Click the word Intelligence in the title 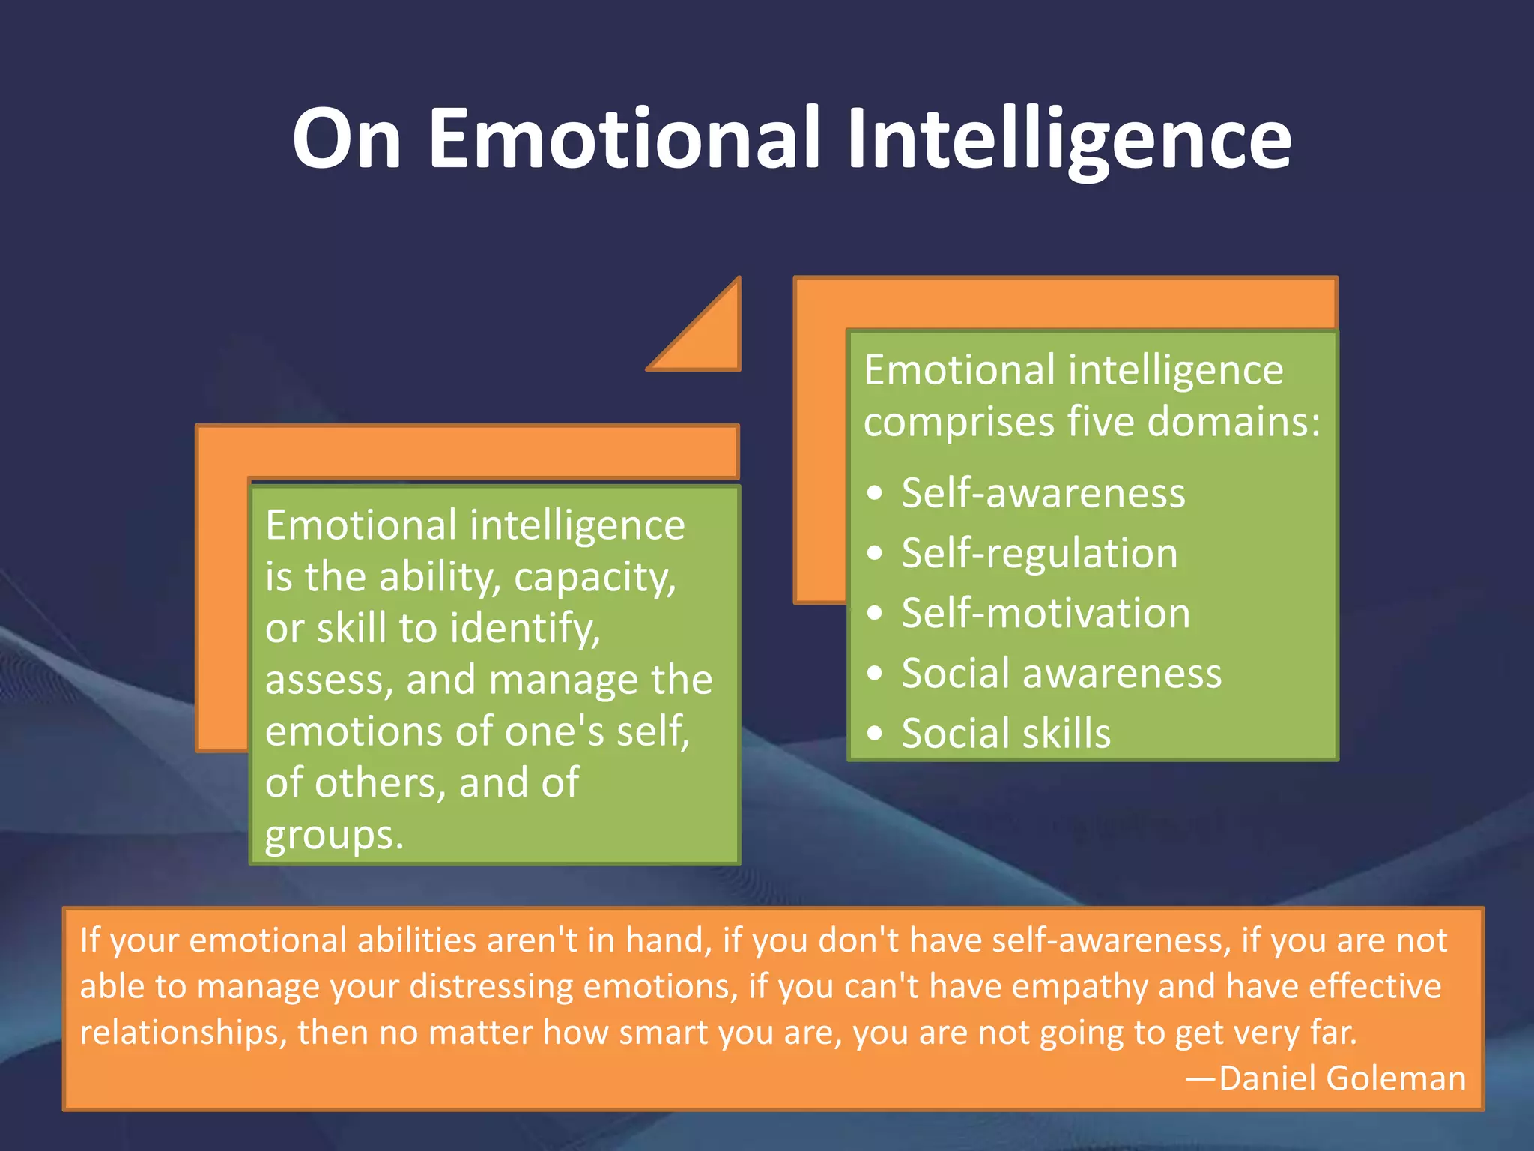[x=1069, y=139]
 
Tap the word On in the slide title [x=347, y=139]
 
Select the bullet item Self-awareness [x=1043, y=493]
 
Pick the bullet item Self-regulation [x=1039, y=553]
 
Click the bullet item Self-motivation [x=1045, y=613]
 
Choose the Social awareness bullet [x=1061, y=673]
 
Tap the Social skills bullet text [x=1005, y=733]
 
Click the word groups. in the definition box [x=334, y=836]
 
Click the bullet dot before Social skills [x=874, y=733]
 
